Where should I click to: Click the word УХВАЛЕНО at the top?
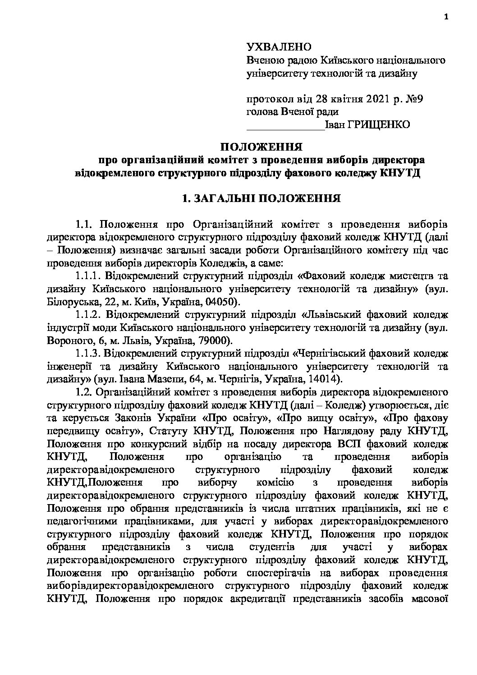[x=279, y=47]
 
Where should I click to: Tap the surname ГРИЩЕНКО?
[x=378, y=124]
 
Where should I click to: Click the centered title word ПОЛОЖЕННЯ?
[x=261, y=147]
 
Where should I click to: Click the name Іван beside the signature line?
[x=334, y=124]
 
